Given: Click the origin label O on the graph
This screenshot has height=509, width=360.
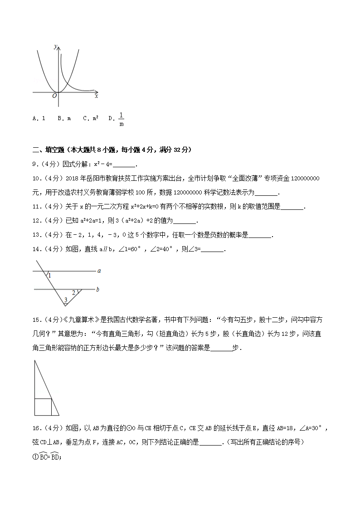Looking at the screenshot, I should coord(54,96).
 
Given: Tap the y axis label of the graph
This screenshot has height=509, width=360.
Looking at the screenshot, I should coord(55,46).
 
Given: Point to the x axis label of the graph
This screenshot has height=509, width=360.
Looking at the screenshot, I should coord(97,96).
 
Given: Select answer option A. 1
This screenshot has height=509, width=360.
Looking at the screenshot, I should coord(39,118).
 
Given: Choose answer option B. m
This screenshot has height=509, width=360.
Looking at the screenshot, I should coord(64,118).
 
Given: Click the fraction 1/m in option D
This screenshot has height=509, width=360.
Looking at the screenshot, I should coord(121,119).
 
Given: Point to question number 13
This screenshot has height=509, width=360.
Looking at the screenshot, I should coord(37,235).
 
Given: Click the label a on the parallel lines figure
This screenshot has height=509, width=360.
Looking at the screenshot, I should coord(98,271).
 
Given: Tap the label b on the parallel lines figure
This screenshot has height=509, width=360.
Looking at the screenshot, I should coord(98,288).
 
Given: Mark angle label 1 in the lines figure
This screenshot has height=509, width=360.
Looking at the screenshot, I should coord(49,276).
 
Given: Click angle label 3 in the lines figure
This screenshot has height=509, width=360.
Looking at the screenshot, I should coord(65,300).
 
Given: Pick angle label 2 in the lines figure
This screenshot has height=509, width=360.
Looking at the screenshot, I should coord(74,292).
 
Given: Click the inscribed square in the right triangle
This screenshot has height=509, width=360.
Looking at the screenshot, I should coord(43,407).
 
